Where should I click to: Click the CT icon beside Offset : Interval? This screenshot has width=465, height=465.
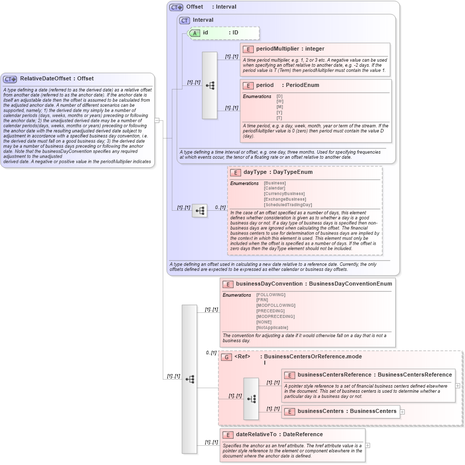[176, 7]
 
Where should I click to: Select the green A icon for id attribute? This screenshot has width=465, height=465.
[195, 33]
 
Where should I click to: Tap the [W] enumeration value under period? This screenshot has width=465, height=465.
[280, 101]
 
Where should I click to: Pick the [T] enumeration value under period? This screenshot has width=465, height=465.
[280, 118]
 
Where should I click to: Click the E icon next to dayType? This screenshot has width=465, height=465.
[235, 172]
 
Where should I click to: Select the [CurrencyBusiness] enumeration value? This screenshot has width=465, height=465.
[284, 194]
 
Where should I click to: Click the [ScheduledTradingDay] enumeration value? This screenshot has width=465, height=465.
[288, 205]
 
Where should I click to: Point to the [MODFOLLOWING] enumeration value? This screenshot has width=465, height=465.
[275, 305]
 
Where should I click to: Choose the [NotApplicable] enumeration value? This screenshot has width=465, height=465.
[272, 328]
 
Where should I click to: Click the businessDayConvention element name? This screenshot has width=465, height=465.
[269, 284]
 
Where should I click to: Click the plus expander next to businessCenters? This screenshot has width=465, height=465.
[402, 411]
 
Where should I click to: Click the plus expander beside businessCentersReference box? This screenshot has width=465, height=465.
[457, 385]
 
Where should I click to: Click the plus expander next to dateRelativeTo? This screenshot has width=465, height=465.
[367, 445]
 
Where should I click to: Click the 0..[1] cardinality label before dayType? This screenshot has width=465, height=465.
[220, 207]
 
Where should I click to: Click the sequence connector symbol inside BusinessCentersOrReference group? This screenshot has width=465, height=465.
[251, 399]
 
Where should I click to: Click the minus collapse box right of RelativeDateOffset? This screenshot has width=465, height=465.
[157, 120]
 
